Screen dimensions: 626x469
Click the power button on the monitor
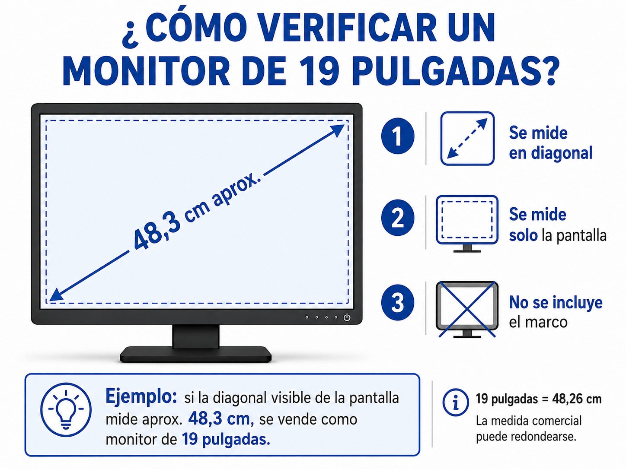point(347,317)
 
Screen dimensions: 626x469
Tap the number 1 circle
point(398,136)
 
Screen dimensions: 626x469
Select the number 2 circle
point(398,218)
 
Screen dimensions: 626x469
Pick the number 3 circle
point(398,303)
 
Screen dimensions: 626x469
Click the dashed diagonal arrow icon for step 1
point(467,138)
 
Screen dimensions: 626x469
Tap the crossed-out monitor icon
point(467,310)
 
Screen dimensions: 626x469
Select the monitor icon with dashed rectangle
point(467,224)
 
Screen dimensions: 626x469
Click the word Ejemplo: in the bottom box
point(141,396)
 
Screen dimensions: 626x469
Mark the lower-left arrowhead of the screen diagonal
point(56,295)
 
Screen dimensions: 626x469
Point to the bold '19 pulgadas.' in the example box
point(226,439)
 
